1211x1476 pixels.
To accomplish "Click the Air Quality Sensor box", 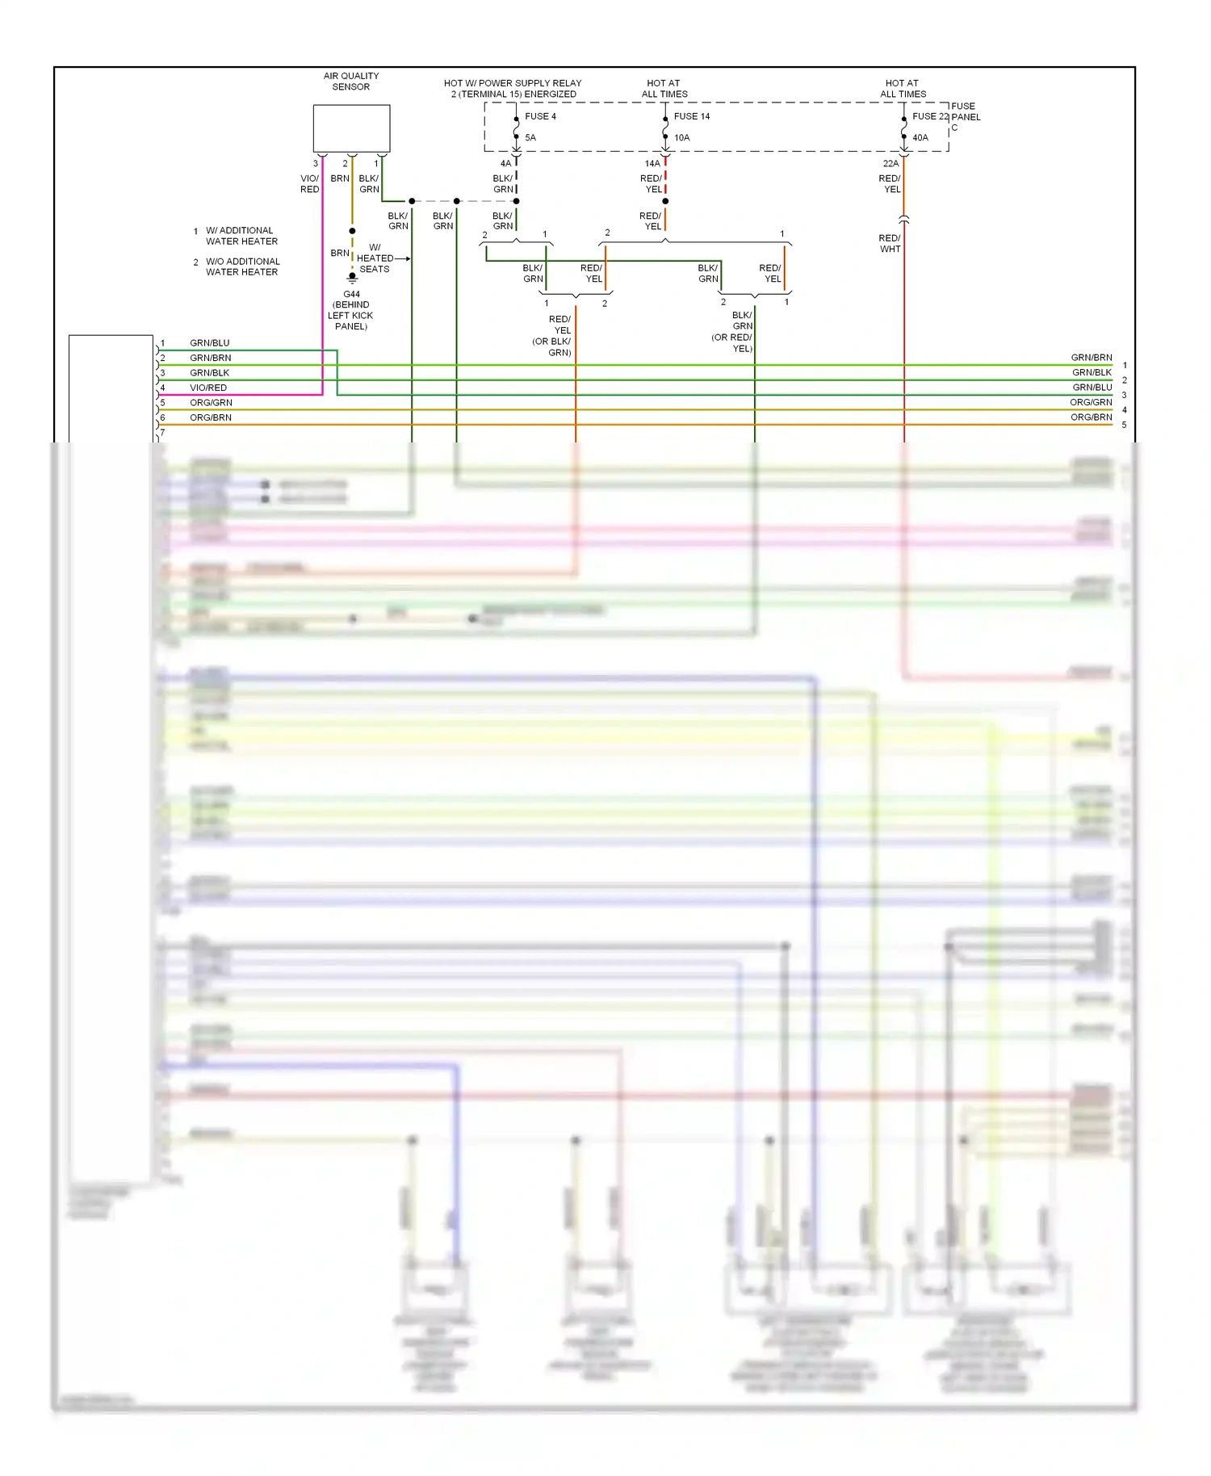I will [x=351, y=128].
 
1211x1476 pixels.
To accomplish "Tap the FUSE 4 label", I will [x=540, y=116].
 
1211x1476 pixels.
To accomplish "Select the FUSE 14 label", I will [x=692, y=116].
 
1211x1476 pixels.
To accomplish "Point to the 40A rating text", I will [x=920, y=138].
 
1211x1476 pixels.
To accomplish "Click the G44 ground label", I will [x=351, y=295].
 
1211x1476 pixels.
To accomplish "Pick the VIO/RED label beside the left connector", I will [x=208, y=388].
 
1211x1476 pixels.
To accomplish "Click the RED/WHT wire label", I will [x=890, y=244].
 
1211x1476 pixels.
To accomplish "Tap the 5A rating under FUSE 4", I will [x=530, y=138].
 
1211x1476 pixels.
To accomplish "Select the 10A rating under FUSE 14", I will [x=682, y=138].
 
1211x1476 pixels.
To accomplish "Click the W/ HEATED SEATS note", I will [x=375, y=258].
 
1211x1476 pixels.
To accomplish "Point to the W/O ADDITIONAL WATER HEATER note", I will [x=241, y=267].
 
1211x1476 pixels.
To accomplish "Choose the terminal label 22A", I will [x=890, y=164].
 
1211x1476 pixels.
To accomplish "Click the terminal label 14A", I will [x=652, y=164].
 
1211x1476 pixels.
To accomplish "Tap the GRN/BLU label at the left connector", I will [x=209, y=343].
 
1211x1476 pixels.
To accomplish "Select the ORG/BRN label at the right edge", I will [x=1091, y=417].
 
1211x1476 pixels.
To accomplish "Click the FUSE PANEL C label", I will [x=965, y=116].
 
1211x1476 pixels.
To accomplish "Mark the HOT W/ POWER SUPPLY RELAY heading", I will [x=513, y=89].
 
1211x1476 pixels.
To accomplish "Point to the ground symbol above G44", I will [x=352, y=278].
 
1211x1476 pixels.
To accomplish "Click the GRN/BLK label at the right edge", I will [x=1092, y=372].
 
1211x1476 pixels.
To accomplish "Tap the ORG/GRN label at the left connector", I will [x=211, y=403].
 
